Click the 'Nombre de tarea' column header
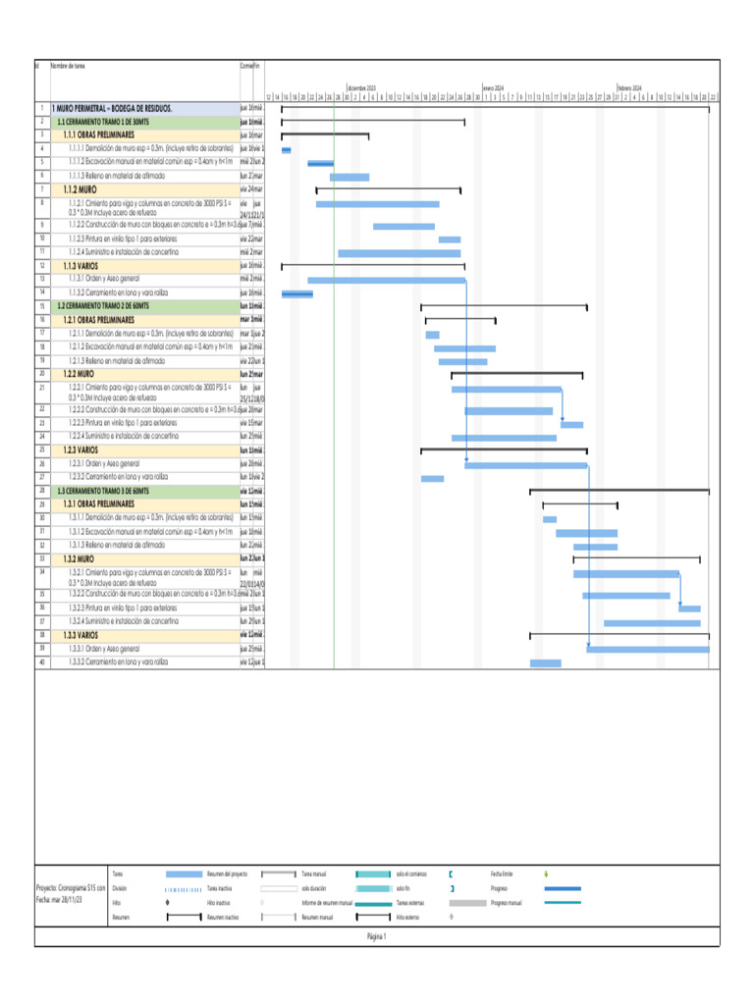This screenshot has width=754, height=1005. click(68, 66)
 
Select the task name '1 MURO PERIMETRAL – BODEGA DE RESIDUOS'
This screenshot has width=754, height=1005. click(113, 108)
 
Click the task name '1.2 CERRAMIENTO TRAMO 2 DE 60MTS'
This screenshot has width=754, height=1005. click(103, 306)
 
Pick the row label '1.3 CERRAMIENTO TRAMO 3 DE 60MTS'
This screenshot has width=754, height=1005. click(103, 490)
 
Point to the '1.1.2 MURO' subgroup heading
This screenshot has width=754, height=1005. click(80, 187)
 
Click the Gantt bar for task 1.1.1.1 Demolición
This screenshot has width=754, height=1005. click(286, 149)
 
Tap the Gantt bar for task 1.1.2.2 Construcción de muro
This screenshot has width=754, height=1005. click(404, 227)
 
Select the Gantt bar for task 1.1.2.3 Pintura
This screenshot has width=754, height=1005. click(449, 239)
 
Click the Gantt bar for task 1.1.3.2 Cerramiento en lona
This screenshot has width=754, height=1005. click(296, 293)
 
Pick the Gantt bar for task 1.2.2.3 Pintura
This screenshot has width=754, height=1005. click(571, 425)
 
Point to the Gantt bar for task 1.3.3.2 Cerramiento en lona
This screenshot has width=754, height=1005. click(545, 663)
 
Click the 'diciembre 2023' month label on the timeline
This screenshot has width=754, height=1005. click(361, 87)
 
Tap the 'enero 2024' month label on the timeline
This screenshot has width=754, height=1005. click(493, 87)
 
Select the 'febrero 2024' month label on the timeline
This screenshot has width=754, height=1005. click(629, 87)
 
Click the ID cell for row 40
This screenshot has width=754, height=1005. click(42, 663)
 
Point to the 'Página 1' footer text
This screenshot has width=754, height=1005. click(377, 936)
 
